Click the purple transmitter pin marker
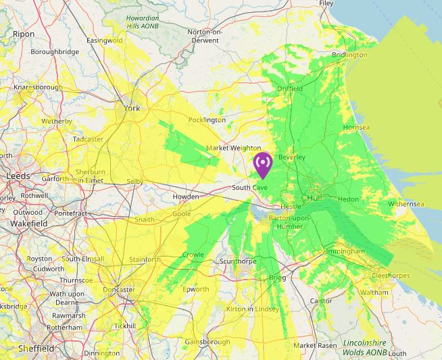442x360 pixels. point(262,165)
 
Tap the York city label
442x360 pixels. point(132,108)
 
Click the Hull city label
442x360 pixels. point(314,199)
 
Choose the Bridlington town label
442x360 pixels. point(349,55)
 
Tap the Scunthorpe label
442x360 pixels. point(237,261)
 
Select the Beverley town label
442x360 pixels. point(292,157)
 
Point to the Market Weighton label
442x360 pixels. point(233,148)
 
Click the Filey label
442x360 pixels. point(326,3)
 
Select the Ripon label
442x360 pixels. point(23,33)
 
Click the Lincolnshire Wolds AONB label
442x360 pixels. point(365,348)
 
